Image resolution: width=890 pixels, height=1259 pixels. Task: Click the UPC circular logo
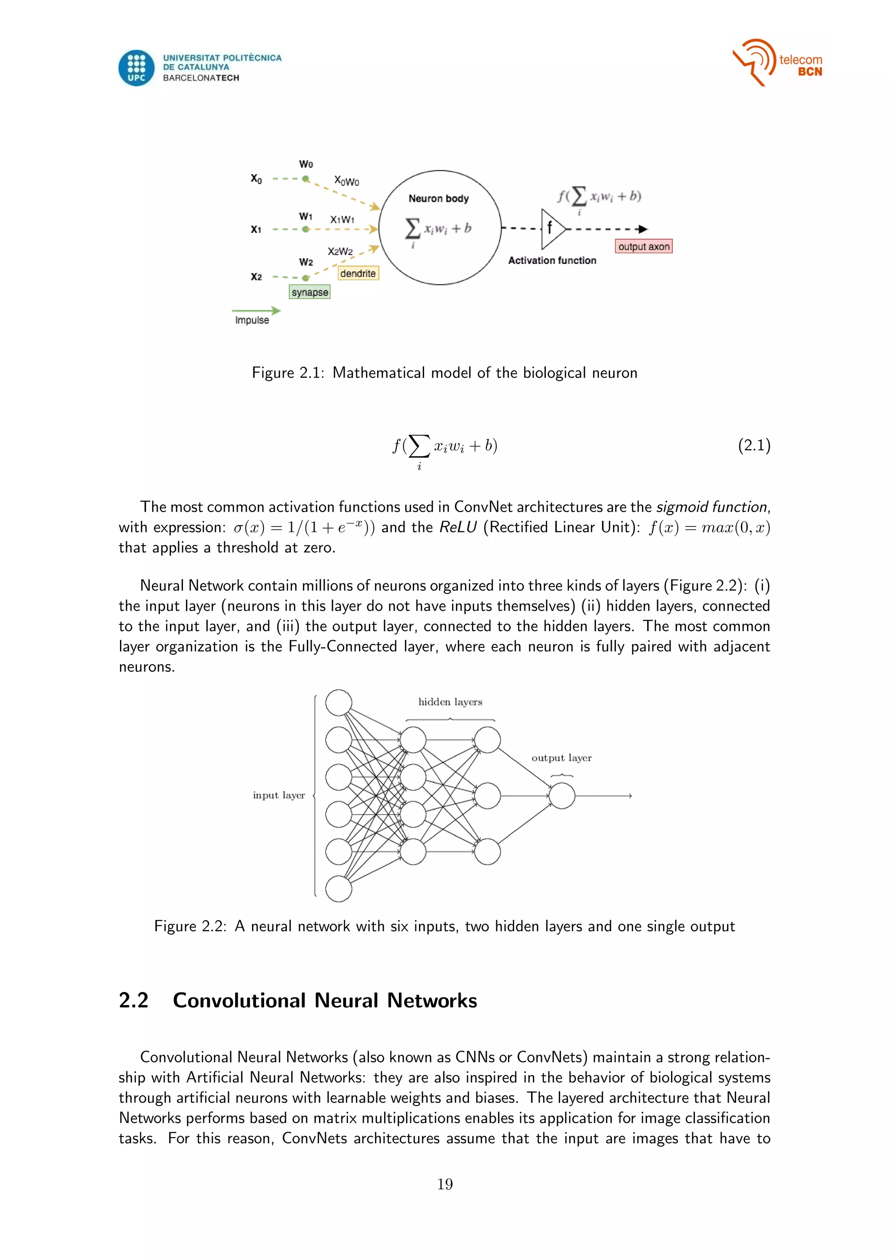[136, 68]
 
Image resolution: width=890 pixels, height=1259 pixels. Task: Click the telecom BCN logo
[777, 63]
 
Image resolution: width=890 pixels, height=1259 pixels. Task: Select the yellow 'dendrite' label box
[358, 273]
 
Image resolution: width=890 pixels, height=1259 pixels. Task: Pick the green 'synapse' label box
[310, 292]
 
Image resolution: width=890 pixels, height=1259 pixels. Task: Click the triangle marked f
[551, 229]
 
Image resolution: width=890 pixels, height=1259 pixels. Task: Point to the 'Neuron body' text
[438, 199]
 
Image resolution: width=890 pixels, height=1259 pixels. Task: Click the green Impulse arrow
[256, 311]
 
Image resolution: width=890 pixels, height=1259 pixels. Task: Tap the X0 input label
[256, 179]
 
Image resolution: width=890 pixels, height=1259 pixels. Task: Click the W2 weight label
[306, 262]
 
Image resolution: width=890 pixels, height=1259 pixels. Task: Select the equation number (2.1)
[754, 445]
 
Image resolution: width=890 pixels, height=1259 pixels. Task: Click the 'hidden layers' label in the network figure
[450, 702]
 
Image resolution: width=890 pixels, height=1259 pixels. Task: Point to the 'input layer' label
[279, 795]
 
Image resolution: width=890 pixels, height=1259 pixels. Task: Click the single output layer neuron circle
[562, 796]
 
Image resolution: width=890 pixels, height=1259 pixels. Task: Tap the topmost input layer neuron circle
[339, 703]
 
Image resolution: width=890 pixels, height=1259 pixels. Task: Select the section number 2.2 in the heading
[134, 1001]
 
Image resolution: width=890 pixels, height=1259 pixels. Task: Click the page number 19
[445, 1184]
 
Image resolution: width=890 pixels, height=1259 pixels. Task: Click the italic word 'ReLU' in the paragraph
[458, 527]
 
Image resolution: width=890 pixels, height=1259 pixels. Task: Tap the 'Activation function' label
[552, 260]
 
